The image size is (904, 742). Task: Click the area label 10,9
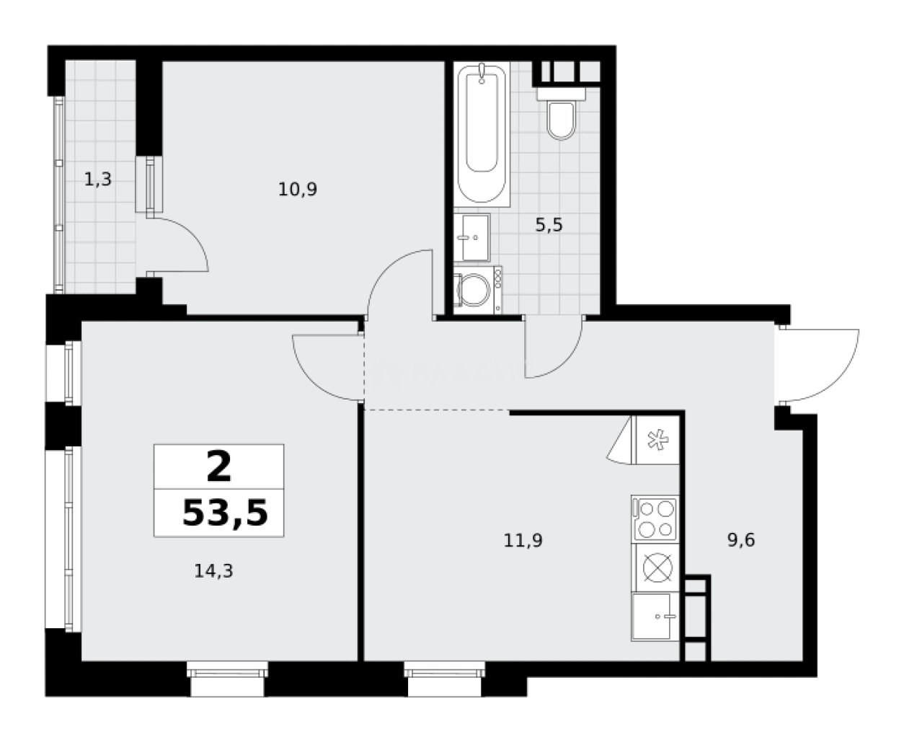point(298,189)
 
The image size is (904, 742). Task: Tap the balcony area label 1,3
point(98,179)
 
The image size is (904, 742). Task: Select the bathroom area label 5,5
point(549,224)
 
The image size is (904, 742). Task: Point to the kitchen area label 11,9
point(523,541)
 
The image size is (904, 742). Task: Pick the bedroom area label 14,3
point(213,571)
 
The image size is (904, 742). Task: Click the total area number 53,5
point(225,513)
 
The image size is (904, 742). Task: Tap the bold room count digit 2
point(218,467)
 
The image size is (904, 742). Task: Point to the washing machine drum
point(474,290)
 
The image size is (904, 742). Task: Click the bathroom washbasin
point(472,237)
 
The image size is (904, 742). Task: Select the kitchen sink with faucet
point(655,617)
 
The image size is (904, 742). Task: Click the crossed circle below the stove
point(657,568)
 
